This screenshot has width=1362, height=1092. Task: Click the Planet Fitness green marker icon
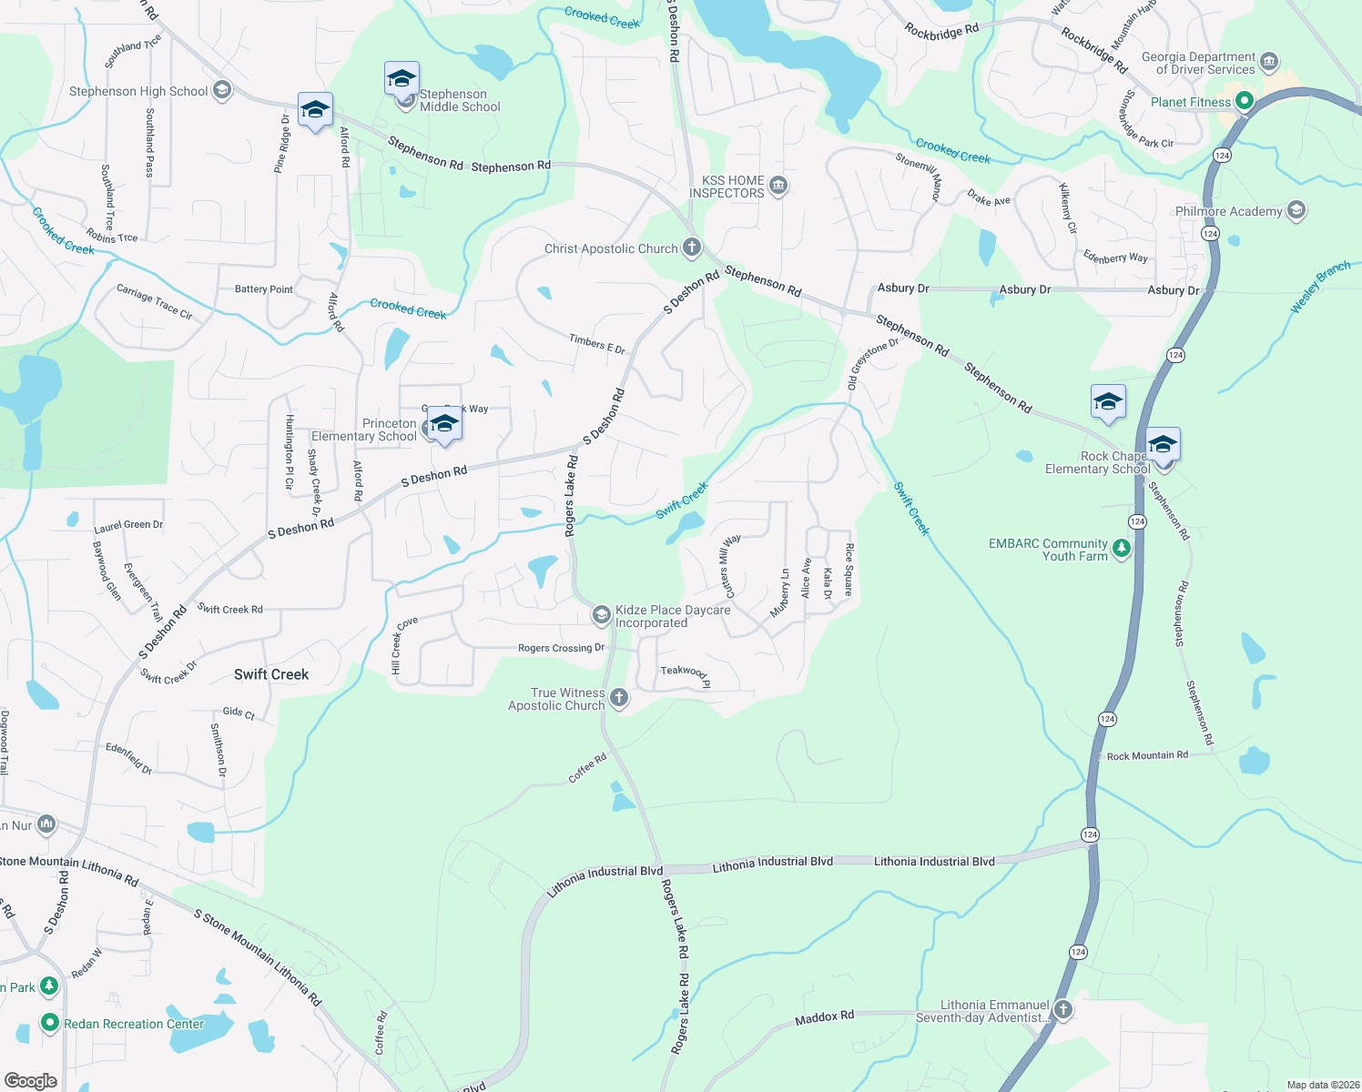point(1245,102)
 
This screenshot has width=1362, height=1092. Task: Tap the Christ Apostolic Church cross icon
point(692,248)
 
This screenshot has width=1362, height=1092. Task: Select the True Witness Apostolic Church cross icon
point(619,698)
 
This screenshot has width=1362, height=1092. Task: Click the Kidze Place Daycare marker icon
point(601,616)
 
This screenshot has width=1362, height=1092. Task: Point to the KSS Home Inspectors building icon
point(778,187)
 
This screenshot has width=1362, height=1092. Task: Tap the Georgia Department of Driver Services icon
point(1270,63)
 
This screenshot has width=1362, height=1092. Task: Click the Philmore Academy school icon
point(1296,211)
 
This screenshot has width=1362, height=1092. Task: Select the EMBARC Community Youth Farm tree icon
point(1123,549)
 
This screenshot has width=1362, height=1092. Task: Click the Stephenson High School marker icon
point(222,90)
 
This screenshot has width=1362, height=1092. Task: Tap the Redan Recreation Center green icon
point(49,1024)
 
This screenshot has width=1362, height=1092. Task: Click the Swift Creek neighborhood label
point(271,674)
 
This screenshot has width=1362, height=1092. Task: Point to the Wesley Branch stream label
point(1320,288)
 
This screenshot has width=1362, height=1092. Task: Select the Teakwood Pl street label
point(685,674)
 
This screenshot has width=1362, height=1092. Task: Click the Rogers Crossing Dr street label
point(561,648)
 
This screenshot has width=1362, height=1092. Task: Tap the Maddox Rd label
point(824,1017)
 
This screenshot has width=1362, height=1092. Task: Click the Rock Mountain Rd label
point(1147,755)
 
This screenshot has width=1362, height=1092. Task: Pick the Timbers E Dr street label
point(597,343)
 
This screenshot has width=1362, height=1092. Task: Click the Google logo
point(31,1080)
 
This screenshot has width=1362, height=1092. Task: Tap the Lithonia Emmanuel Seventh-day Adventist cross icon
point(1062,1010)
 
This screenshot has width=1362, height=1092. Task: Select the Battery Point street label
point(264,289)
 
